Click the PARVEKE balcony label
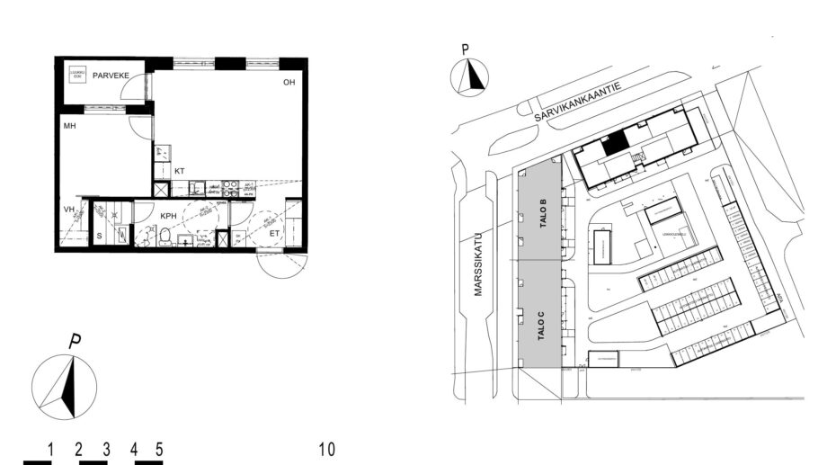coord(111,76)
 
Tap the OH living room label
coord(289,83)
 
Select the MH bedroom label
coord(68,128)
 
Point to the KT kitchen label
coord(180,170)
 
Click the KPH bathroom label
coord(168,217)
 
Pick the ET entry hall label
coord(275,234)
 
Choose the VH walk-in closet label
coord(67,210)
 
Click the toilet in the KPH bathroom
coord(165,237)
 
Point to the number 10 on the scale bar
coord(326,448)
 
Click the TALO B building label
coord(543,215)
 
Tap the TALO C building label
coord(541,324)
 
